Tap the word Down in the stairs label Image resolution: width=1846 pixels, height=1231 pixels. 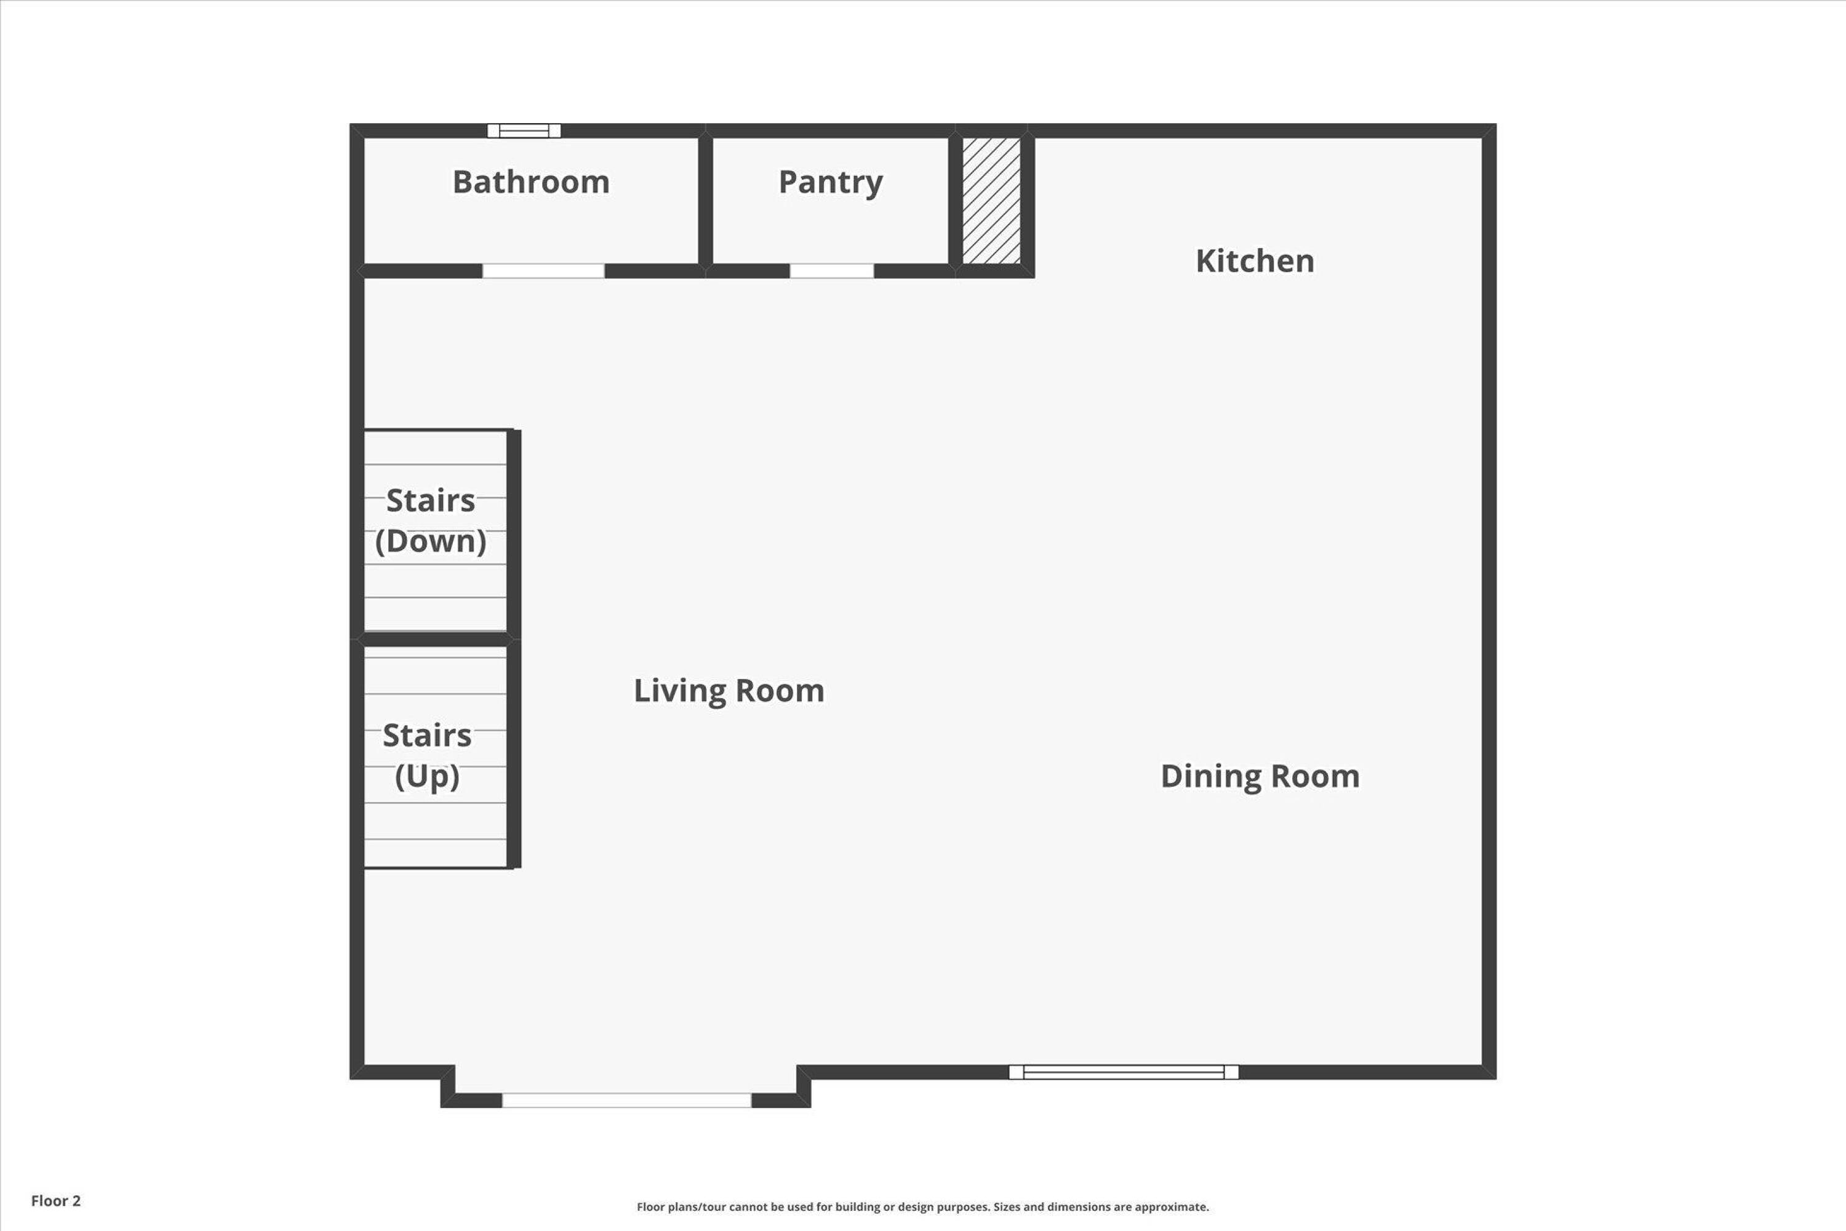[x=430, y=542]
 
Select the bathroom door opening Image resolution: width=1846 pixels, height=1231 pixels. [x=543, y=271]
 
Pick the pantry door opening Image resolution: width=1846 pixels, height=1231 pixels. [x=831, y=271]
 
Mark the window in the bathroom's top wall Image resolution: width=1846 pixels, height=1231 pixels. [x=524, y=131]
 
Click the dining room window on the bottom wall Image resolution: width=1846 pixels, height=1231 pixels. [x=1123, y=1072]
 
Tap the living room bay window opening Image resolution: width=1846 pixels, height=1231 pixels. [x=626, y=1101]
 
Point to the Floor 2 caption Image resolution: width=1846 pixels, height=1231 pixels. [x=56, y=1200]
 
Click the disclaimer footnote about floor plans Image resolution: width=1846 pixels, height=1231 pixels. [x=922, y=1206]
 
